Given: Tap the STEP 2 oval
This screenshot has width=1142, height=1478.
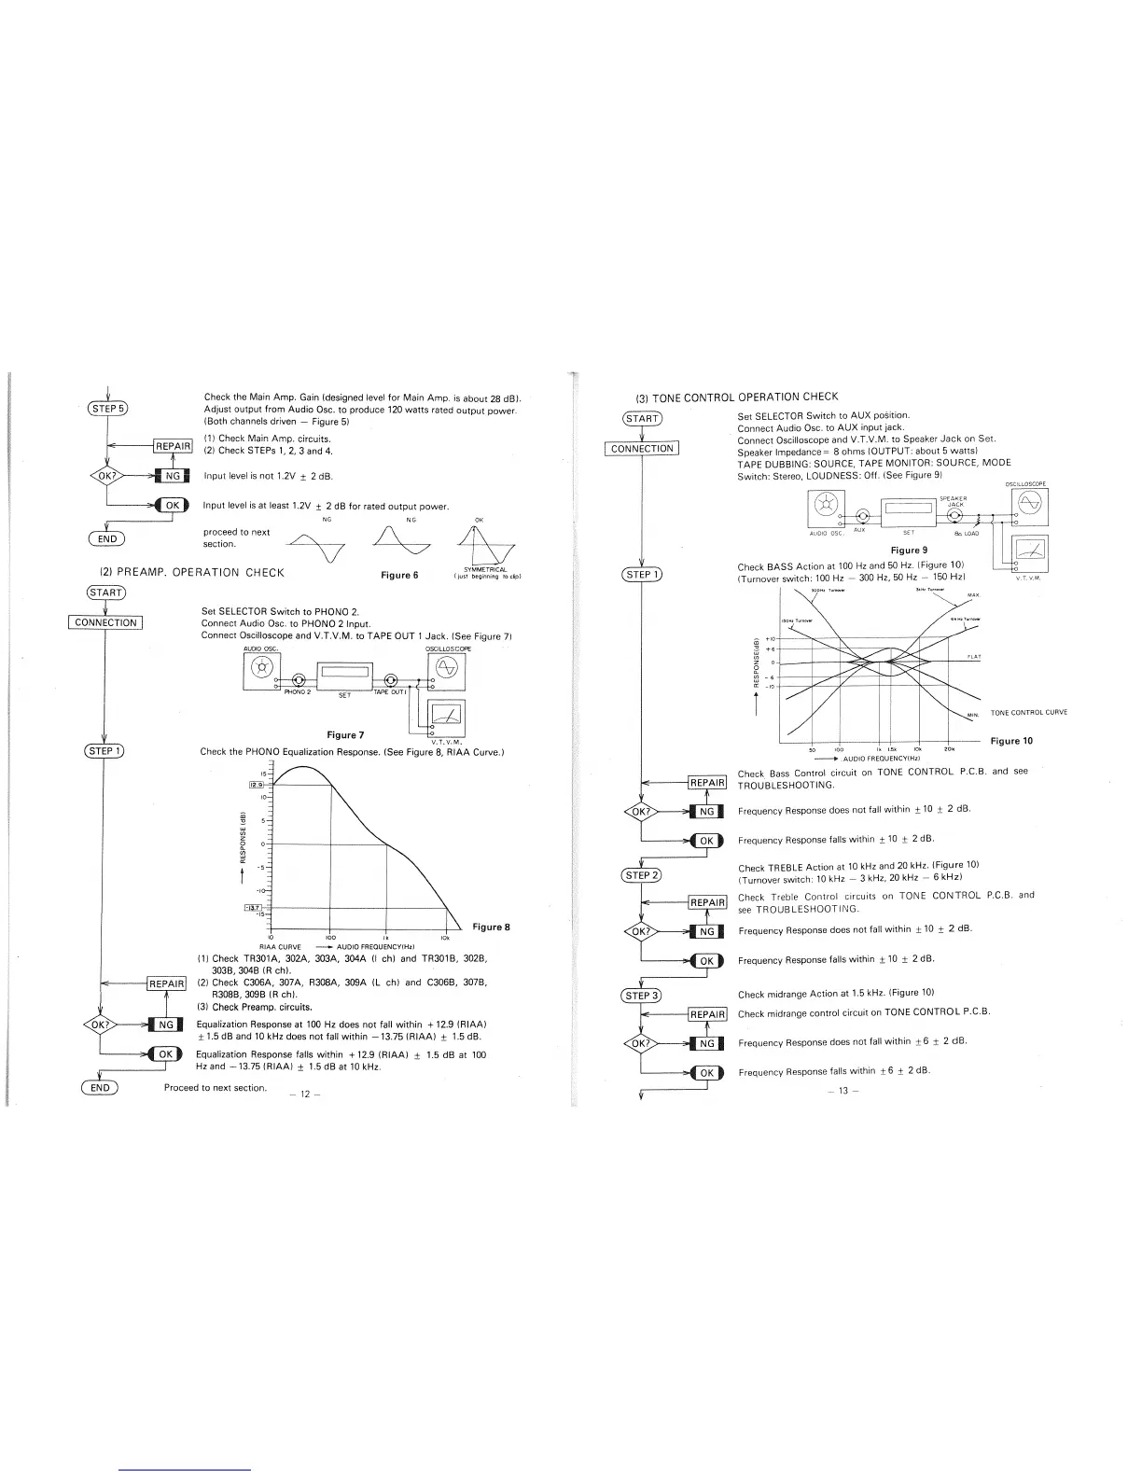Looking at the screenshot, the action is [x=642, y=875].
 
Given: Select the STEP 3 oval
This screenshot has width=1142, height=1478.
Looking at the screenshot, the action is [x=642, y=995].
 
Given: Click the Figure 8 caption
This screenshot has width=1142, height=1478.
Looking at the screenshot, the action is [x=492, y=927].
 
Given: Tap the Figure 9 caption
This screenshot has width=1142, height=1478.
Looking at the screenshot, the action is [x=909, y=550].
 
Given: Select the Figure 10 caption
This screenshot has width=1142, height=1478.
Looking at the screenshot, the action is [x=1012, y=741].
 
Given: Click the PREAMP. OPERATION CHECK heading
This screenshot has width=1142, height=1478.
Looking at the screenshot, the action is [x=191, y=572].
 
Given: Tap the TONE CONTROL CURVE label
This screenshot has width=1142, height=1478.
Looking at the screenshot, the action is [x=1029, y=713].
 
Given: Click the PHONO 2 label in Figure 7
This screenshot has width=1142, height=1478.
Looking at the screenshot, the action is [x=297, y=691].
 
